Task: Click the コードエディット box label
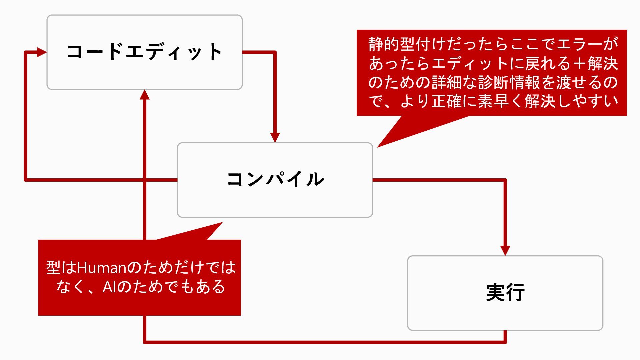144,52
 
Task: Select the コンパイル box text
275,179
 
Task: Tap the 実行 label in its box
505,293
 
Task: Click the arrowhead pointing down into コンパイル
275,137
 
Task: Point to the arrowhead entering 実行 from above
505,251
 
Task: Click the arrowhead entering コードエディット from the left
42,52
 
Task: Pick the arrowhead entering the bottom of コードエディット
144,94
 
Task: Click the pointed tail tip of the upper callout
377,147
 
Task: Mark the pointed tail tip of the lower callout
222,222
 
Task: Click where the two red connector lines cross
144,180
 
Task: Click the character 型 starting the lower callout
53,267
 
